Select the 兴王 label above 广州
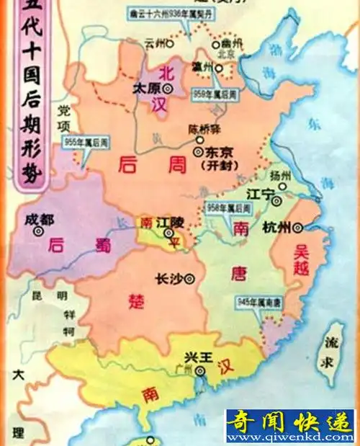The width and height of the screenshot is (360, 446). [x=199, y=358]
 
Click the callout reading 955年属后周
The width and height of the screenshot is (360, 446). [x=80, y=142]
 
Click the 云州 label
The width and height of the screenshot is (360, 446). [x=155, y=43]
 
